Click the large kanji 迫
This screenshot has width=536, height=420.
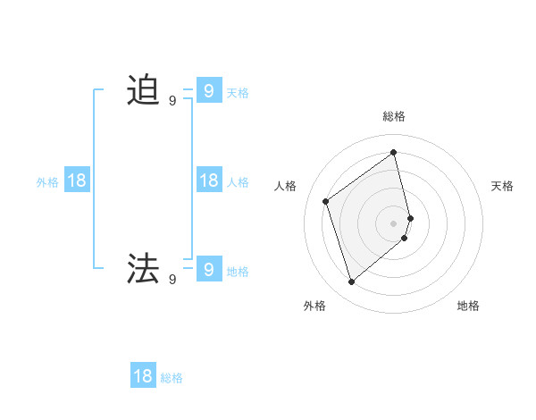point(143,90)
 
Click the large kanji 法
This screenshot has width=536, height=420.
point(143,268)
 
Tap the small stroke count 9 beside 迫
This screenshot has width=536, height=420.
point(172,101)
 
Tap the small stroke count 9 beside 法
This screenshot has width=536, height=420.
point(172,280)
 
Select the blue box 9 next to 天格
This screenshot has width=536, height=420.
point(208,90)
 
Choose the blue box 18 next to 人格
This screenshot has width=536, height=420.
point(208,181)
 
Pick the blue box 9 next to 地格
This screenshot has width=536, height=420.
point(208,268)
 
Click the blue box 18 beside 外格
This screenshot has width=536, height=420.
point(77,181)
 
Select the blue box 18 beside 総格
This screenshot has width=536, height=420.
point(143,376)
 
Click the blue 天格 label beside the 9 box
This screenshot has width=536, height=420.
point(238,92)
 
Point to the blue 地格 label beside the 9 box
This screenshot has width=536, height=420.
point(238,272)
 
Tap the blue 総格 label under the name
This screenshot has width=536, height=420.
point(172,378)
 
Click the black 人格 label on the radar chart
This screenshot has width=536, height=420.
point(286,186)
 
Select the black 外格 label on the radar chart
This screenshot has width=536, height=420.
point(314,306)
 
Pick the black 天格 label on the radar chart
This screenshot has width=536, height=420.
point(502,186)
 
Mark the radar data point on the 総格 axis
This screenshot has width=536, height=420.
point(394,152)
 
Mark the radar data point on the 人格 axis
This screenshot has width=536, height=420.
point(326,201)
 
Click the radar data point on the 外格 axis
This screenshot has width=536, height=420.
point(351,282)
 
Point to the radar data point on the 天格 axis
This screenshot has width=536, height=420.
point(410,217)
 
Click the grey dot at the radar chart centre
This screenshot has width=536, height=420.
point(394,223)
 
